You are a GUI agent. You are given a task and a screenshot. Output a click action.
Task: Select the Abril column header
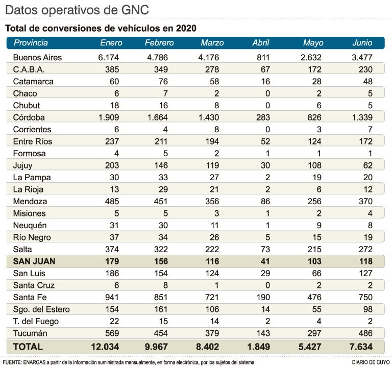tap(261, 43)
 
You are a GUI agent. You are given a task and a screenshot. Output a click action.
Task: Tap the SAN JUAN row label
tap(34, 261)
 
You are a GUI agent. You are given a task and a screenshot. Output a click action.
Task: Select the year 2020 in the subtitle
tap(185, 27)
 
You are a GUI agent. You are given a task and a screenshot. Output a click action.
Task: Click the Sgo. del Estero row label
tap(41, 309)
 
